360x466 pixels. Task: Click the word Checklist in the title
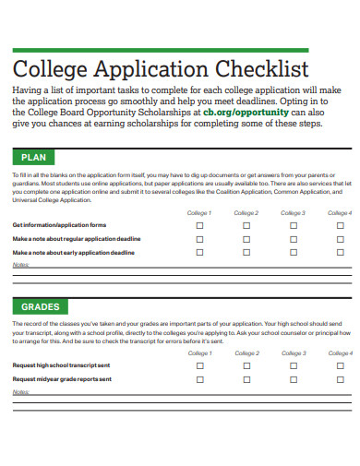coord(261,68)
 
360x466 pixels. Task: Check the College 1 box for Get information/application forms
coord(199,225)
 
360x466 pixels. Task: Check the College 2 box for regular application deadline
coord(246,238)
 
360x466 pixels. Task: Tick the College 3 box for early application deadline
coord(293,251)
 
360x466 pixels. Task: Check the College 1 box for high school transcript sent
coord(199,365)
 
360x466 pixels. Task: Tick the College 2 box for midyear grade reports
coord(246,378)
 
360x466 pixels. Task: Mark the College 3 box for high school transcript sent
coord(293,365)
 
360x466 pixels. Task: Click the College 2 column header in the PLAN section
coord(246,213)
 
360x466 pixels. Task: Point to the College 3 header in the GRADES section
coord(293,353)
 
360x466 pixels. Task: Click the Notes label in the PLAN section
coord(20,264)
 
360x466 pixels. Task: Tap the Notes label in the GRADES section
coord(20,391)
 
